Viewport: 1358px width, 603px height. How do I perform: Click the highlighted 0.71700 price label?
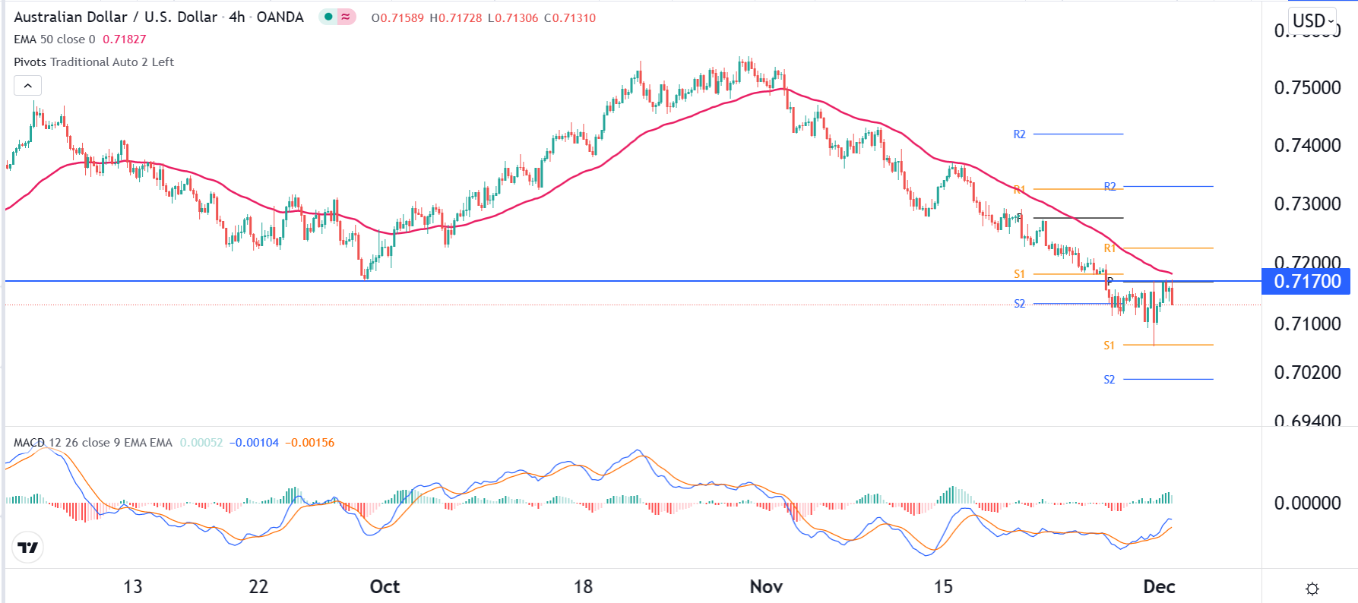(1306, 282)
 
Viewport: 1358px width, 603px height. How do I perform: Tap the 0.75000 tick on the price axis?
(1307, 88)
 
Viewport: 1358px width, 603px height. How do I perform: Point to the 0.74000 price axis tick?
(1307, 146)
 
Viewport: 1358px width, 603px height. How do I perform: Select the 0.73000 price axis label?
(1307, 204)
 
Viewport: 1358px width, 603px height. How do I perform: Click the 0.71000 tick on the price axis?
(1307, 324)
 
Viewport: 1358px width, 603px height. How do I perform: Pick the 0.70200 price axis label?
(1307, 373)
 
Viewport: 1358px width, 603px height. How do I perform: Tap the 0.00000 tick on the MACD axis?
(1307, 504)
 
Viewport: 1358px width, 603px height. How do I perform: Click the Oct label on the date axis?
(385, 587)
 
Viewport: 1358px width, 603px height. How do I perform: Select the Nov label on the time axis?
(766, 587)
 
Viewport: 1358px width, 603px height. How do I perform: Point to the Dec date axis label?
(1159, 587)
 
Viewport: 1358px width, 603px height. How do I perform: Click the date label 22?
(258, 587)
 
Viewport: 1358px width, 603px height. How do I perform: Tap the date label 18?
(583, 587)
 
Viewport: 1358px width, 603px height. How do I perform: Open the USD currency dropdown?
(1313, 21)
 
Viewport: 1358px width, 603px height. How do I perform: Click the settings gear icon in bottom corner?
(1312, 589)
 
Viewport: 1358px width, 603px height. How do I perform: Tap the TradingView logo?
(28, 548)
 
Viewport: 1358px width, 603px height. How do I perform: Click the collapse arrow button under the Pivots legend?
(28, 86)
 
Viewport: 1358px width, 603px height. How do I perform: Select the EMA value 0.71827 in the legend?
(125, 39)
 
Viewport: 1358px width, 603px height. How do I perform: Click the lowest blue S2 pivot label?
(1110, 380)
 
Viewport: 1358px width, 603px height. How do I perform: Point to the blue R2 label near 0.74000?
(1019, 134)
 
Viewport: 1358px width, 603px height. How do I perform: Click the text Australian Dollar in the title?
(70, 17)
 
